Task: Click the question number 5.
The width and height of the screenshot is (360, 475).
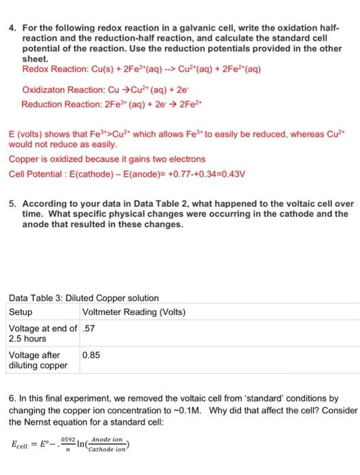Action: pyautogui.click(x=13, y=203)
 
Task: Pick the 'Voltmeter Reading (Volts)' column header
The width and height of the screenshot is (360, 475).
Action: pyautogui.click(x=133, y=312)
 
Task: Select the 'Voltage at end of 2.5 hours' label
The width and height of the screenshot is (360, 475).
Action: pyautogui.click(x=41, y=333)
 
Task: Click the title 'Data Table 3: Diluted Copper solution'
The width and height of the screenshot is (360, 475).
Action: pyautogui.click(x=84, y=298)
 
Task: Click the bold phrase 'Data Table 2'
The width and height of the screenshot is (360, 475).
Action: pyautogui.click(x=140, y=203)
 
